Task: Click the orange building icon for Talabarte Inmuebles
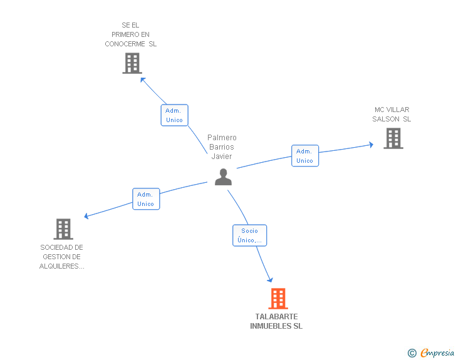(278, 299)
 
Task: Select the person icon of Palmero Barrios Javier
(223, 177)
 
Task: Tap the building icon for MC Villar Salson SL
(393, 138)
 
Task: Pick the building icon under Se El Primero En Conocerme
(132, 63)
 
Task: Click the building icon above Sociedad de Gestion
(63, 229)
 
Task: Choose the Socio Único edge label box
(250, 235)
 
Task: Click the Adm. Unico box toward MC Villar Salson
(305, 156)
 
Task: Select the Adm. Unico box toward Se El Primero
(174, 115)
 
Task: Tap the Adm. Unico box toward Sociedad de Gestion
(146, 199)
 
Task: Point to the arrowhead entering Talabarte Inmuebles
(271, 280)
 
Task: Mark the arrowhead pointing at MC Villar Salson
(370, 145)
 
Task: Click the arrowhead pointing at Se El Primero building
(143, 79)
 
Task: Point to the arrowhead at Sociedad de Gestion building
(87, 217)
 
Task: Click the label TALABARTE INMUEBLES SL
(276, 321)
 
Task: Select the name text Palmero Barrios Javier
(222, 147)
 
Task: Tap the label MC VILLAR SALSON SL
(392, 115)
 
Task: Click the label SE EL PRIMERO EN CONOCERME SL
(131, 34)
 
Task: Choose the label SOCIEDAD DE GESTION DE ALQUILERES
(62, 257)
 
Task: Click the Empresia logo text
(437, 353)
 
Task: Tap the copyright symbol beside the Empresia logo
(412, 353)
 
